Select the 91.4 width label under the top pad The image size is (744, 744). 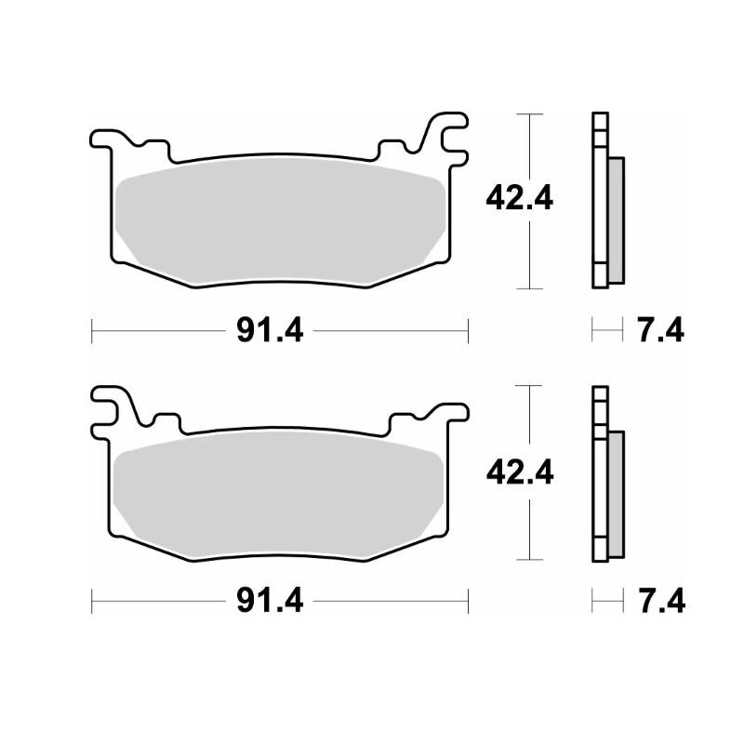pos(270,329)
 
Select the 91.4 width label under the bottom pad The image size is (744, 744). pos(270,602)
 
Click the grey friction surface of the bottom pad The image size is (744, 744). pos(279,494)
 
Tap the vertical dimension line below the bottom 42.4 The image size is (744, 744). pos(528,525)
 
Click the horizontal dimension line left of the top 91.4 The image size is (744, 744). pos(158,329)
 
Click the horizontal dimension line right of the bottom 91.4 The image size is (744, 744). pos(391,602)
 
